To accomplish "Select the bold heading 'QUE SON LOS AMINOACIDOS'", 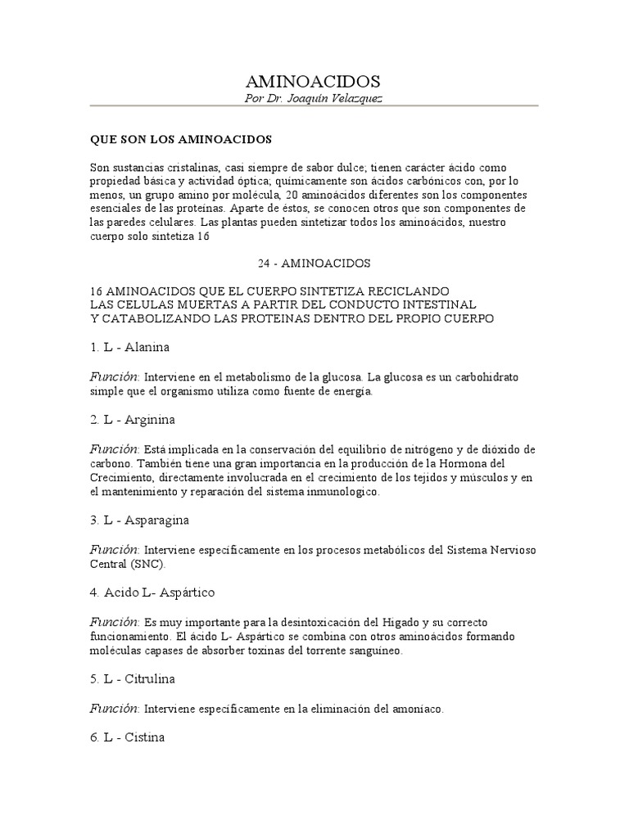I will pos(180,139).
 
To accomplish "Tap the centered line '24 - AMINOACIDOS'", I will pos(314,264).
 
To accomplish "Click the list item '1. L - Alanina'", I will pos(130,347).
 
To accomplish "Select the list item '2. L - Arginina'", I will pos(133,420).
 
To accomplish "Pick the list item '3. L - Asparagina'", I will pos(139,520).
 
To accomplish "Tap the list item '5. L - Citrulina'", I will pos(133,678).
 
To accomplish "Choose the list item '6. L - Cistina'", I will pos(128,737).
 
